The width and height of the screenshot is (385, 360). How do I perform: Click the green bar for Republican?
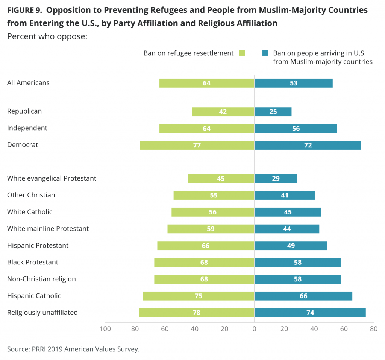click(223, 112)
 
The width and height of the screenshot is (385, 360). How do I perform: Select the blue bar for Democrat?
click(308, 145)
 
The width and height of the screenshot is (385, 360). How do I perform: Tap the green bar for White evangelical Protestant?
click(221, 179)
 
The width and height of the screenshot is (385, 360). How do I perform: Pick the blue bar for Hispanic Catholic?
click(303, 296)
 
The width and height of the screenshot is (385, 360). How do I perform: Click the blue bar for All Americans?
click(294, 83)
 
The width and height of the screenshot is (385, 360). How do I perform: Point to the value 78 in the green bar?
click(196, 313)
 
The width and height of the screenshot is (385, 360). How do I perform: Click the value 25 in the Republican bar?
click(273, 112)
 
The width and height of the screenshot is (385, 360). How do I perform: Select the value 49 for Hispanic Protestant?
click(291, 246)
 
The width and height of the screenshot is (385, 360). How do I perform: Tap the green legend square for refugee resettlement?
click(242, 53)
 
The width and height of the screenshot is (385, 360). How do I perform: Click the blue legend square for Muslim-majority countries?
click(265, 53)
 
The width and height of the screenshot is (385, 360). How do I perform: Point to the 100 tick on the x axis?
click(105, 329)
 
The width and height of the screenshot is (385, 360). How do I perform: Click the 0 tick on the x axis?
click(255, 329)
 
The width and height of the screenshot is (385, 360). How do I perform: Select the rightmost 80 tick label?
click(374, 329)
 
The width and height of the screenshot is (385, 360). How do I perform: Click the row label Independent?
click(27, 128)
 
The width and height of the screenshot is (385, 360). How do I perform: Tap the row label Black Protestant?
click(33, 262)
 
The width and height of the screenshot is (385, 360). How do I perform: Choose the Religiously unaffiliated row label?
click(42, 313)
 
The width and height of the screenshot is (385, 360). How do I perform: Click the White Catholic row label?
click(30, 212)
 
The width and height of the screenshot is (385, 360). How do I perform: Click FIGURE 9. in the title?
click(24, 10)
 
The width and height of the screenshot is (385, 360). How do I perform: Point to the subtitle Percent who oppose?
click(47, 36)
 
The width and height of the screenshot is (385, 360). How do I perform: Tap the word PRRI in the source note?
click(39, 349)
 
